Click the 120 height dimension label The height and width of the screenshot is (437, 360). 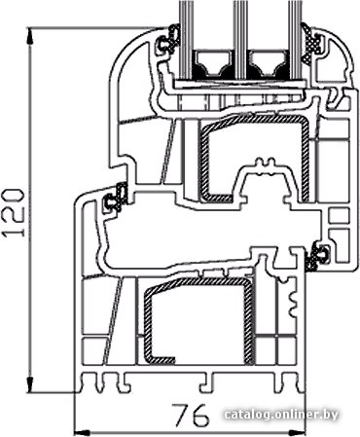pos(14,212)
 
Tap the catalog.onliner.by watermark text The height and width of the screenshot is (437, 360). pos(281,415)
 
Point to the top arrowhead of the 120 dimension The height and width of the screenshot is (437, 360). pos(30,36)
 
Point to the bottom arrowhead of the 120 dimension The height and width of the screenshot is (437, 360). pos(30,385)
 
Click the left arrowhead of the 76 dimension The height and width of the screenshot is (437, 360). pos(82,432)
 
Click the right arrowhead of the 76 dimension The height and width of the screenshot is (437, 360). pos(298,432)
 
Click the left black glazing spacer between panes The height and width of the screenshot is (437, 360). pos(213,65)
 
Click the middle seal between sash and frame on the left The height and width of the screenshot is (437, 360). pos(116,198)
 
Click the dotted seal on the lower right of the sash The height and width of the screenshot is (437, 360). pos(317,256)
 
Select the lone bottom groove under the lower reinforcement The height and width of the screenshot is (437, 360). pos(205,382)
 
